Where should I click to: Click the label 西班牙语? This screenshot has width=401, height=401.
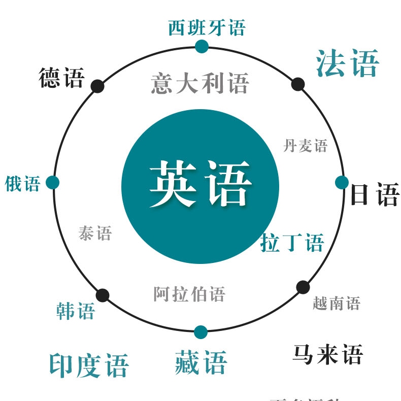(207, 27)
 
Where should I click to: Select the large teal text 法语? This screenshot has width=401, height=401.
(347, 63)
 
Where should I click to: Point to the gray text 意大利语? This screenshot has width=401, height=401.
(200, 83)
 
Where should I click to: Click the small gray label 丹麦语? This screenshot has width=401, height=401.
(305, 146)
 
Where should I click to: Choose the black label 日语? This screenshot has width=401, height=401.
(375, 194)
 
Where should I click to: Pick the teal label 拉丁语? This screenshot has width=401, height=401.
(292, 243)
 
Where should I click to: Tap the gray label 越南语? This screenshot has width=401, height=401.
(336, 304)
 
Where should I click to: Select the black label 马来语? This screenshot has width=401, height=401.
(327, 354)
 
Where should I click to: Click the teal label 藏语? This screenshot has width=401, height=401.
(201, 362)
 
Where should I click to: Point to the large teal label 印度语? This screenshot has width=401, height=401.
(89, 365)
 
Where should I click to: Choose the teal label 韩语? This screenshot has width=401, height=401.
(75, 311)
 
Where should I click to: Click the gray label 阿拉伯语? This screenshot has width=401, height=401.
(189, 294)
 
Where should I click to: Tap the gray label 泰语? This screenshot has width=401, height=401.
(95, 233)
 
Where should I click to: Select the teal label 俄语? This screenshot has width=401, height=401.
(23, 184)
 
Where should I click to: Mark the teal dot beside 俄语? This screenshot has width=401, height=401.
(53, 182)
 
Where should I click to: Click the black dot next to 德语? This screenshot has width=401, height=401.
(97, 86)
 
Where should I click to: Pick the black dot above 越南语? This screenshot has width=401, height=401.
(303, 287)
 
